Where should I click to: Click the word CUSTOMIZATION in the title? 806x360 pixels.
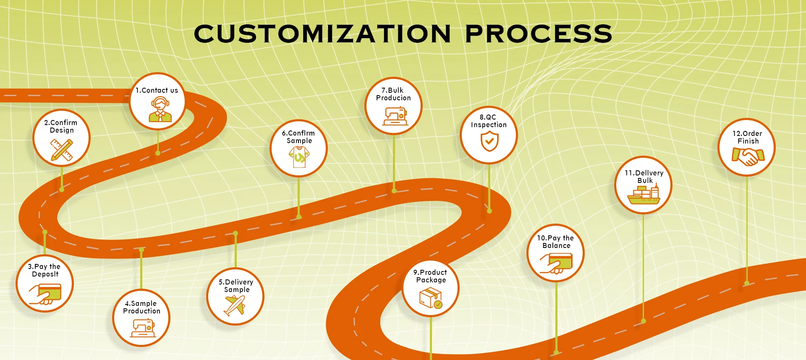[322, 34]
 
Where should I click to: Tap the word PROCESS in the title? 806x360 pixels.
[539, 34]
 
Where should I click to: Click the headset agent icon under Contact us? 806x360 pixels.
[160, 110]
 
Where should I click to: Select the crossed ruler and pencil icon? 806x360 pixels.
[62, 150]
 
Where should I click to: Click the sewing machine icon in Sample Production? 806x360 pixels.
[143, 328]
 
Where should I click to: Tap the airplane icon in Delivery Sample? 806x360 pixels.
[235, 305]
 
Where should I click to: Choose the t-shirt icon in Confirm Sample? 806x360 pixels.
[299, 157]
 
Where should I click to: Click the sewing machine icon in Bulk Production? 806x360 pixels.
[395, 116]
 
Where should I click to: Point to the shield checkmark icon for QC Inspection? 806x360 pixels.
[489, 141]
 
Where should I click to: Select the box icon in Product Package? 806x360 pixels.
[431, 297]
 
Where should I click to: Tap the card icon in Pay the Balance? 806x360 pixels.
[557, 263]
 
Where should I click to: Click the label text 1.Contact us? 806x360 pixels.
[157, 90]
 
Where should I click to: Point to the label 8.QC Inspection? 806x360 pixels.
[489, 121]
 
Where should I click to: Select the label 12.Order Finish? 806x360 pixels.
[748, 137]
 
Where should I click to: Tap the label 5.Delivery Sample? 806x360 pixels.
[236, 286]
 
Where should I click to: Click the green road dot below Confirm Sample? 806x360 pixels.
[299, 217]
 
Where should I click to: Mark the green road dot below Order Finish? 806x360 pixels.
[747, 283]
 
